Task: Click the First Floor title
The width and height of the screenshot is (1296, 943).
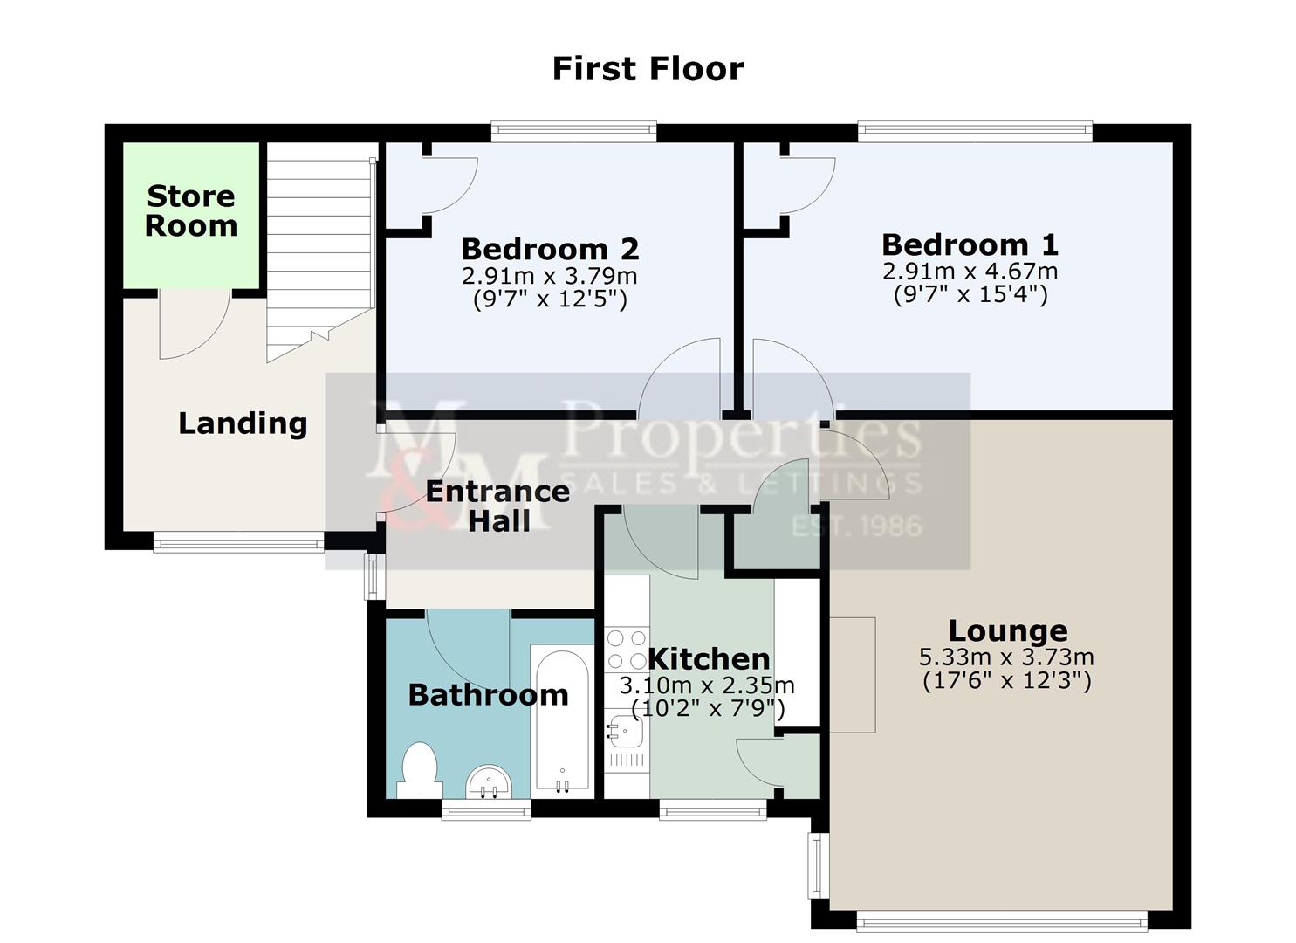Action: pyautogui.click(x=648, y=69)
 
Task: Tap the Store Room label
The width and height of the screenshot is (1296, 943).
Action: pyautogui.click(x=191, y=210)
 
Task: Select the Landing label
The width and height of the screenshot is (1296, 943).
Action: pyautogui.click(x=243, y=423)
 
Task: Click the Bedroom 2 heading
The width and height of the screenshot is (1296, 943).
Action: pyautogui.click(x=550, y=249)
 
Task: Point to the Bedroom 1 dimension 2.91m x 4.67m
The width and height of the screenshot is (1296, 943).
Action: pyautogui.click(x=970, y=271)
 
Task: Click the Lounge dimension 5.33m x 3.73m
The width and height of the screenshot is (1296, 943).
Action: pyautogui.click(x=1006, y=657)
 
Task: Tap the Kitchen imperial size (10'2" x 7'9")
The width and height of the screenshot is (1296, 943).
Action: pyautogui.click(x=708, y=708)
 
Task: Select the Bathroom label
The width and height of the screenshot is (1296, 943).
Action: pyautogui.click(x=489, y=695)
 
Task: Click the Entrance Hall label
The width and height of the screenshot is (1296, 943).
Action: pyautogui.click(x=498, y=506)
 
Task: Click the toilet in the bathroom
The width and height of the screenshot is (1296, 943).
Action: pyautogui.click(x=419, y=770)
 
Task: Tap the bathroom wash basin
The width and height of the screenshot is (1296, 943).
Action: pyautogui.click(x=489, y=782)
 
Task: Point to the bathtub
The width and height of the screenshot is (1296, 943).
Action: pyautogui.click(x=562, y=721)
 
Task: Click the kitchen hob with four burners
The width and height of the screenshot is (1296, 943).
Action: pyautogui.click(x=627, y=649)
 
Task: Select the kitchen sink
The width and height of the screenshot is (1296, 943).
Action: pyautogui.click(x=625, y=732)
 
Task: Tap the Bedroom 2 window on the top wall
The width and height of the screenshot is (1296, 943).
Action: pyautogui.click(x=574, y=131)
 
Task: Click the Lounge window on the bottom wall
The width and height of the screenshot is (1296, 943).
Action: pyautogui.click(x=1002, y=921)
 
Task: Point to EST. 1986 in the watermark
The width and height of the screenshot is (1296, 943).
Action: pyautogui.click(x=856, y=527)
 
